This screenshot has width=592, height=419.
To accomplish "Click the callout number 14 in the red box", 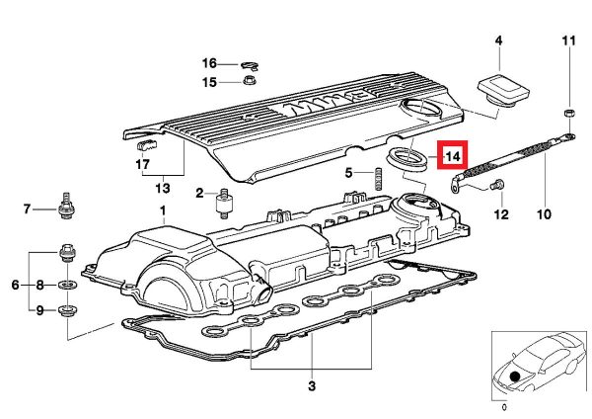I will click(x=453, y=156).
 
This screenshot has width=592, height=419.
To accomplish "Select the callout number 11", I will click(x=568, y=41).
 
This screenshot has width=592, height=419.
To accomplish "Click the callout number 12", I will click(x=500, y=213).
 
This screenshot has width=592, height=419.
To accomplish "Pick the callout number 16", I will click(x=210, y=62).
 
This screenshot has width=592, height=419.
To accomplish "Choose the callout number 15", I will click(x=210, y=82).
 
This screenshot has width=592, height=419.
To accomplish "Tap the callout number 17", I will click(x=142, y=164).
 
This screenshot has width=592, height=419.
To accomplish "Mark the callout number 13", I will click(x=162, y=187).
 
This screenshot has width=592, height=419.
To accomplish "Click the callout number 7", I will click(x=28, y=209).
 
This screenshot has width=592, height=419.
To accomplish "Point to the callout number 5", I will click(x=349, y=174).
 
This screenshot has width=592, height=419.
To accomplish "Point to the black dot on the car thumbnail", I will click(x=514, y=377).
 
